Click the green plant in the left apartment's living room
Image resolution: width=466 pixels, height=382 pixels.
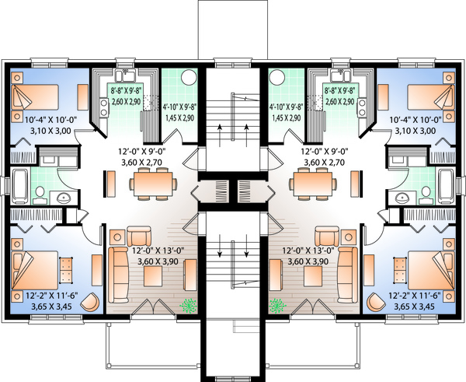[188, 307]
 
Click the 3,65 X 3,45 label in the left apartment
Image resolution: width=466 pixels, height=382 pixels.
[40, 307]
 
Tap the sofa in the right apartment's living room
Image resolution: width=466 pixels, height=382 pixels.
[346, 274]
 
